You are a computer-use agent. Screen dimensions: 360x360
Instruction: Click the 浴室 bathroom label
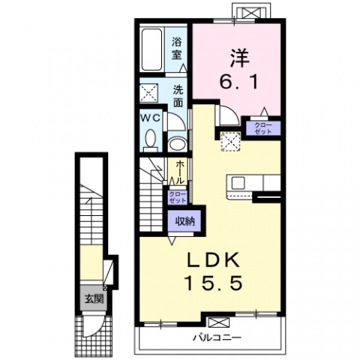pyautogui.click(x=176, y=49)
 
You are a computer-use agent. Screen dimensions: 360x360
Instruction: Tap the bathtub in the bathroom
pyautogui.click(x=151, y=49)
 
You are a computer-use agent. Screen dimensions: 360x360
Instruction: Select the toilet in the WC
pyautogui.click(x=151, y=140)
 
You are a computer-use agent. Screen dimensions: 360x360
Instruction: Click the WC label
pyautogui.click(x=150, y=118)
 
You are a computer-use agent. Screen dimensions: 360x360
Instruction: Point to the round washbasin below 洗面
pyautogui.click(x=177, y=144)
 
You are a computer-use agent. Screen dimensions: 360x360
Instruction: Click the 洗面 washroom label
pyautogui.click(x=178, y=96)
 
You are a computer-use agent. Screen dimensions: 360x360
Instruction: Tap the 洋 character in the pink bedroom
pyautogui.click(x=239, y=58)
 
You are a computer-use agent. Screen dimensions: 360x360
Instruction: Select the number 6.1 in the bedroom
pyautogui.click(x=239, y=82)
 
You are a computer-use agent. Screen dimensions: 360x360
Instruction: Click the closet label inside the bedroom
pyautogui.click(x=263, y=128)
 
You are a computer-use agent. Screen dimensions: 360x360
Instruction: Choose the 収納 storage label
pyautogui.click(x=184, y=221)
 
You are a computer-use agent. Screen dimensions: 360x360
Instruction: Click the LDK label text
pyautogui.click(x=214, y=260)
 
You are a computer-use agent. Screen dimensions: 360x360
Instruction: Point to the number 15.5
pyautogui.click(x=214, y=283)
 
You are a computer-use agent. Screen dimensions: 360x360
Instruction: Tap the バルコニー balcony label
pyautogui.click(x=217, y=338)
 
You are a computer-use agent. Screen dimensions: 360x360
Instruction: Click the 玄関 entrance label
pyautogui.click(x=94, y=298)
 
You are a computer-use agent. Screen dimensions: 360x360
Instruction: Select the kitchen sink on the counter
pyautogui.click(x=238, y=183)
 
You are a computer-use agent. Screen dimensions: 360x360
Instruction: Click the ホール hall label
pyautogui.click(x=180, y=172)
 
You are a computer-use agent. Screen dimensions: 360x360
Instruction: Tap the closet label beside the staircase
pyautogui.click(x=178, y=197)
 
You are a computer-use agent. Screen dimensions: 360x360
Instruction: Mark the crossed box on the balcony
pyautogui.click(x=219, y=322)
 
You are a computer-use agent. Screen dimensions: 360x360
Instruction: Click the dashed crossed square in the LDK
pyautogui.click(x=230, y=142)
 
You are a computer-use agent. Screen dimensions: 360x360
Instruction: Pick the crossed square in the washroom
pyautogui.click(x=148, y=93)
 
